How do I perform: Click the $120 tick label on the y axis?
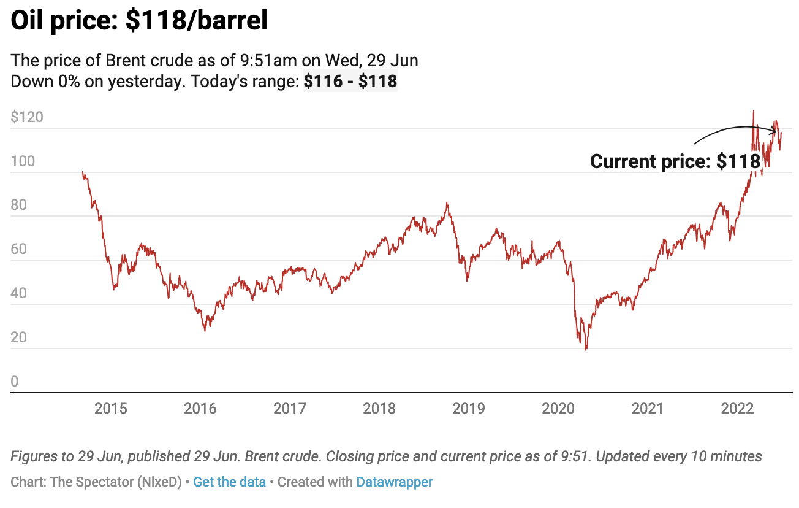click(x=27, y=117)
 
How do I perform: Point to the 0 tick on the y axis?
click(x=15, y=382)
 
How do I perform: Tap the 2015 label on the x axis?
click(x=111, y=408)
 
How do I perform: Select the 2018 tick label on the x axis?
click(x=379, y=408)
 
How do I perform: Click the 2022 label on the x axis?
click(x=737, y=408)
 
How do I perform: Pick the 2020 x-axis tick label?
click(x=558, y=408)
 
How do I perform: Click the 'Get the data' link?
click(x=229, y=482)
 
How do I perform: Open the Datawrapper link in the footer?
click(x=394, y=482)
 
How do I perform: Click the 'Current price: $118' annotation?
click(x=675, y=161)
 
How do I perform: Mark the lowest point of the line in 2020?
click(x=586, y=350)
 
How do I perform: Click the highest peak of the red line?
click(x=753, y=111)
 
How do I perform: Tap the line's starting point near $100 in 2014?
click(x=82, y=172)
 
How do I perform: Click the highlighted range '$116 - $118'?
click(x=350, y=81)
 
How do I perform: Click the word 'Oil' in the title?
click(x=31, y=22)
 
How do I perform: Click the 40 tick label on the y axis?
click(x=18, y=294)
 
